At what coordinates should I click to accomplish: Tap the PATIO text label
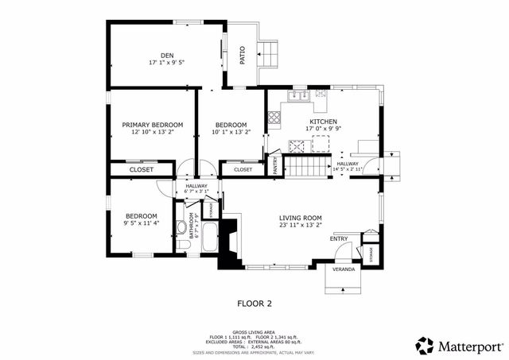pos(242,55)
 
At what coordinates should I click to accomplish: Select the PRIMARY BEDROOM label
pos(152,125)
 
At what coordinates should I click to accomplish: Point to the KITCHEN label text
pos(322,122)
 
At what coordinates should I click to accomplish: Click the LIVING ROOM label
pos(300,218)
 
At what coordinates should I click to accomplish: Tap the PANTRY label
pos(275,165)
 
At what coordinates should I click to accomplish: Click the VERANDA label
pos(344,269)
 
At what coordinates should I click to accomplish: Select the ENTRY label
pos(338,238)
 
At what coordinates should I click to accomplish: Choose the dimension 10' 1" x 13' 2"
pos(231,133)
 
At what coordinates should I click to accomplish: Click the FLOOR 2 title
pos(254,303)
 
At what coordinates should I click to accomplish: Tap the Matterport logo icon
pos(425,345)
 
